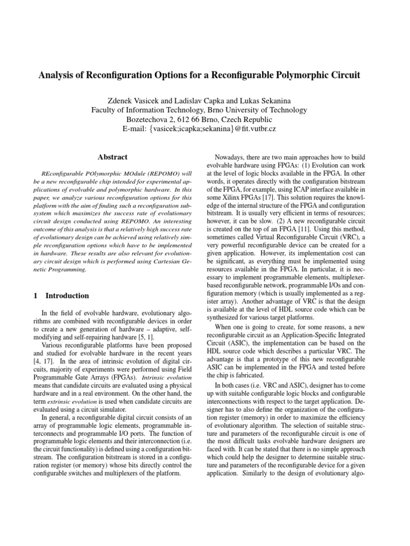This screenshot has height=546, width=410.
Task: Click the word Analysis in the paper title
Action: pyautogui.click(x=57, y=75)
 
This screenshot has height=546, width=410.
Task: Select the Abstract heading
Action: pyautogui.click(x=113, y=157)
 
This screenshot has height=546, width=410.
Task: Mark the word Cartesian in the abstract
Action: pyautogui.click(x=165, y=261)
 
